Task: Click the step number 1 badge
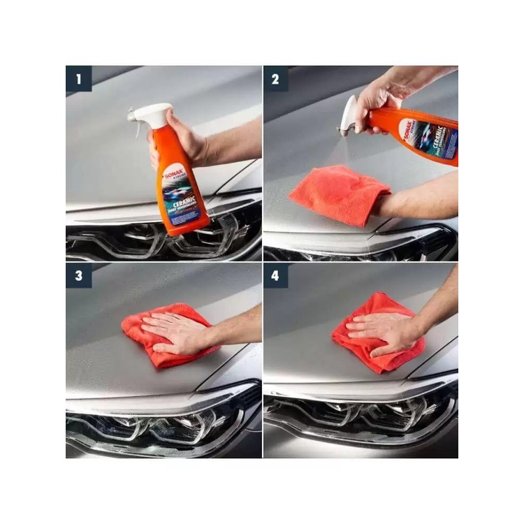click(x=78, y=79)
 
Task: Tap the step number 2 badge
click(x=275, y=79)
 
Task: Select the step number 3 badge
click(x=78, y=275)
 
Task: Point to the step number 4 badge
click(x=275, y=275)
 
